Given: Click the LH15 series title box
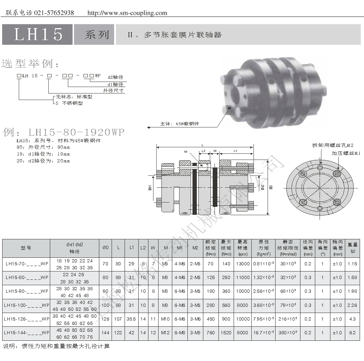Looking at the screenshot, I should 38,34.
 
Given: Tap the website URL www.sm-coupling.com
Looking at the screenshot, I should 127,13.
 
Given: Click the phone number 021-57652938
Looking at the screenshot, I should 54,13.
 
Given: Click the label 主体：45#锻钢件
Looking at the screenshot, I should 179,124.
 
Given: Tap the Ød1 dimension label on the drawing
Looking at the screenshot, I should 150,188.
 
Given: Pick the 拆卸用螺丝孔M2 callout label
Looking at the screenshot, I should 333,145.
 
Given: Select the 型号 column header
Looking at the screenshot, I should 26,248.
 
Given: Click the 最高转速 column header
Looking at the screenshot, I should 242,248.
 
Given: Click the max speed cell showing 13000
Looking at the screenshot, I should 242,264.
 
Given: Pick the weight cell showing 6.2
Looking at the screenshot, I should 352,333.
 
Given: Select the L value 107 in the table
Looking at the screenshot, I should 118,319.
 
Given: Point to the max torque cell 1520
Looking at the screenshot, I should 226,333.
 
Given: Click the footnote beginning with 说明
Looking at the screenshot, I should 56,346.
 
